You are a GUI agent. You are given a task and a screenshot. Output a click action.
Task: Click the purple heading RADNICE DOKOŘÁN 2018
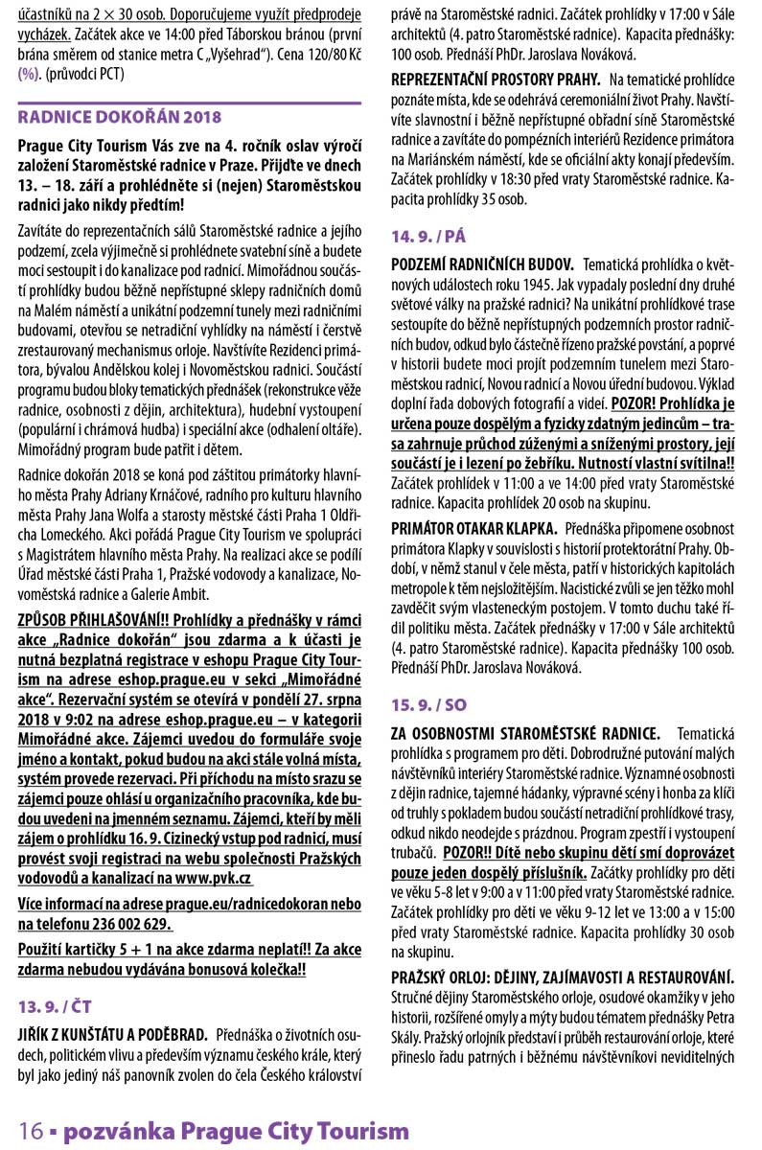[119, 117]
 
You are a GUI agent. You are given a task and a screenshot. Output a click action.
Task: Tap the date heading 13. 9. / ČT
[55, 1007]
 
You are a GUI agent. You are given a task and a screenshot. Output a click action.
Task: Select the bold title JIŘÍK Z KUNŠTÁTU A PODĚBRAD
[113, 1034]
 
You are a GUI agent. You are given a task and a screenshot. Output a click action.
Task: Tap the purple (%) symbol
[29, 74]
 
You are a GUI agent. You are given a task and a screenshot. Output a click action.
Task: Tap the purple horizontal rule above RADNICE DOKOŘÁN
[190, 103]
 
